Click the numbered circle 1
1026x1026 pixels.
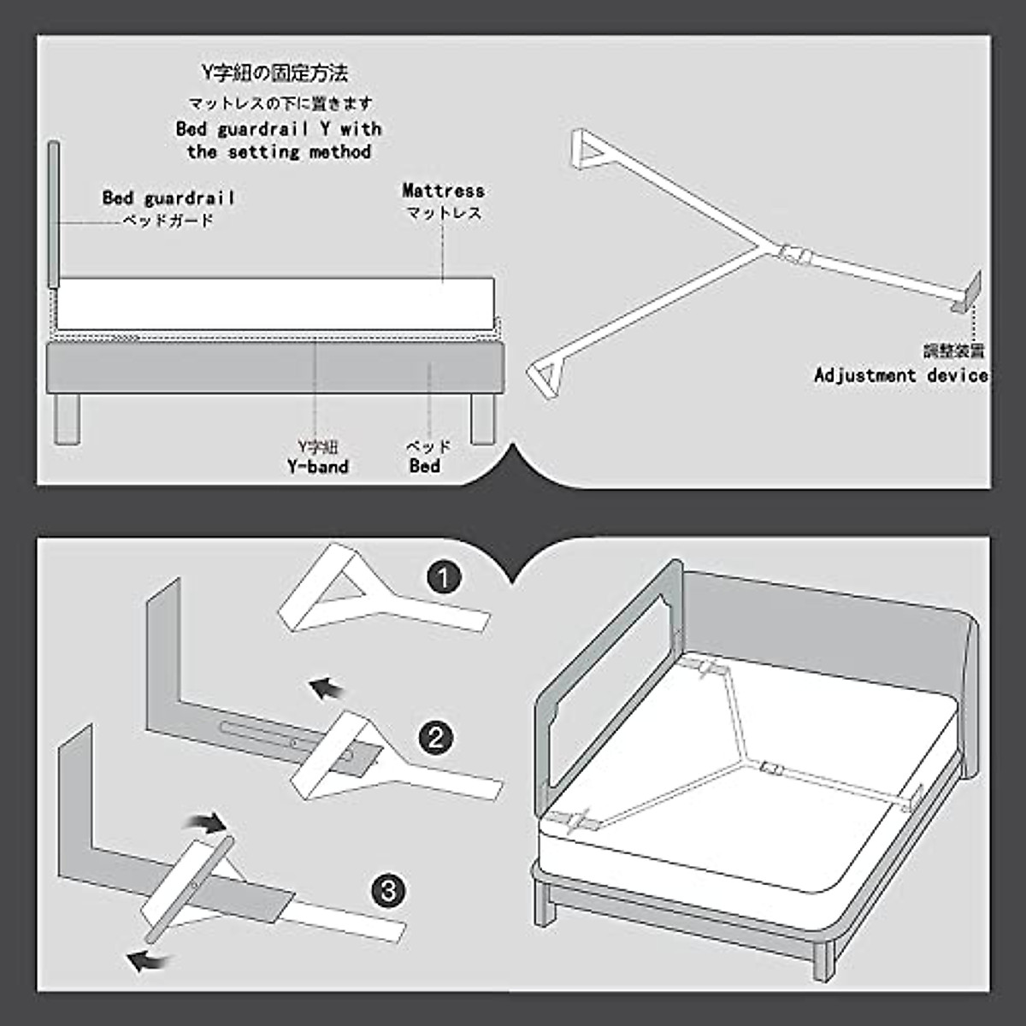pos(443,579)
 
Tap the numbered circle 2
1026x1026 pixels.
pos(436,737)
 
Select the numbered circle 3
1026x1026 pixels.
pos(389,893)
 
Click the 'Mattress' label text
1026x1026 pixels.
pos(443,191)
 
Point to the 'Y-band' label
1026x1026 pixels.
pos(317,467)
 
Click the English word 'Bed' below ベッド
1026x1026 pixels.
pos(425,467)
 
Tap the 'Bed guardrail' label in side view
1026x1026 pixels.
pos(168,198)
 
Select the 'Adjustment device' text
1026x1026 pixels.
pos(900,375)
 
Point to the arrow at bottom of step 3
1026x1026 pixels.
pos(147,962)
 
